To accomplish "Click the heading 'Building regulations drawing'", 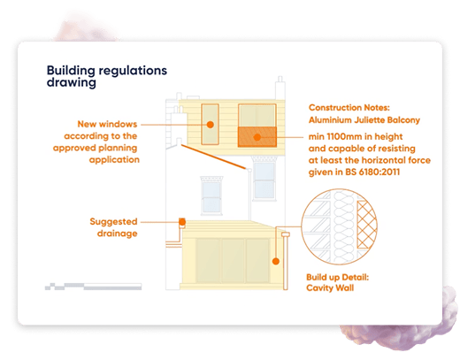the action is [107, 76].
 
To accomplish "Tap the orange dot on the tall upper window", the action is [211, 125].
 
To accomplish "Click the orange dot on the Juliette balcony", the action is [257, 137].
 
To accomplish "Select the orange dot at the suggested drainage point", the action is [182, 222].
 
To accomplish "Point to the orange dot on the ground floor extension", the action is [276, 261].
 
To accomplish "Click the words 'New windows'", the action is [107, 124].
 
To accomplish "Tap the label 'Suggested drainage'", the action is [113, 227].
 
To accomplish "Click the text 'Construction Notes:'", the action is [349, 108].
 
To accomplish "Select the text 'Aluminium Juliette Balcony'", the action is [364, 120].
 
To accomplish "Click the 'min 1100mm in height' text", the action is [356, 137].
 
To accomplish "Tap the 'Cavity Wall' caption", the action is [330, 287].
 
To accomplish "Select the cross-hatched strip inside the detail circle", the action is [366, 225].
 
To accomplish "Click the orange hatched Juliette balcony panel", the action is [257, 137].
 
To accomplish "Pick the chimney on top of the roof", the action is [280, 88].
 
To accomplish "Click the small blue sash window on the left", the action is [211, 195].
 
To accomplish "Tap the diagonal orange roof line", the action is [213, 157].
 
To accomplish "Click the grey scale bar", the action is [93, 287].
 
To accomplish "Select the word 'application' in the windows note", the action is [114, 160].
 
